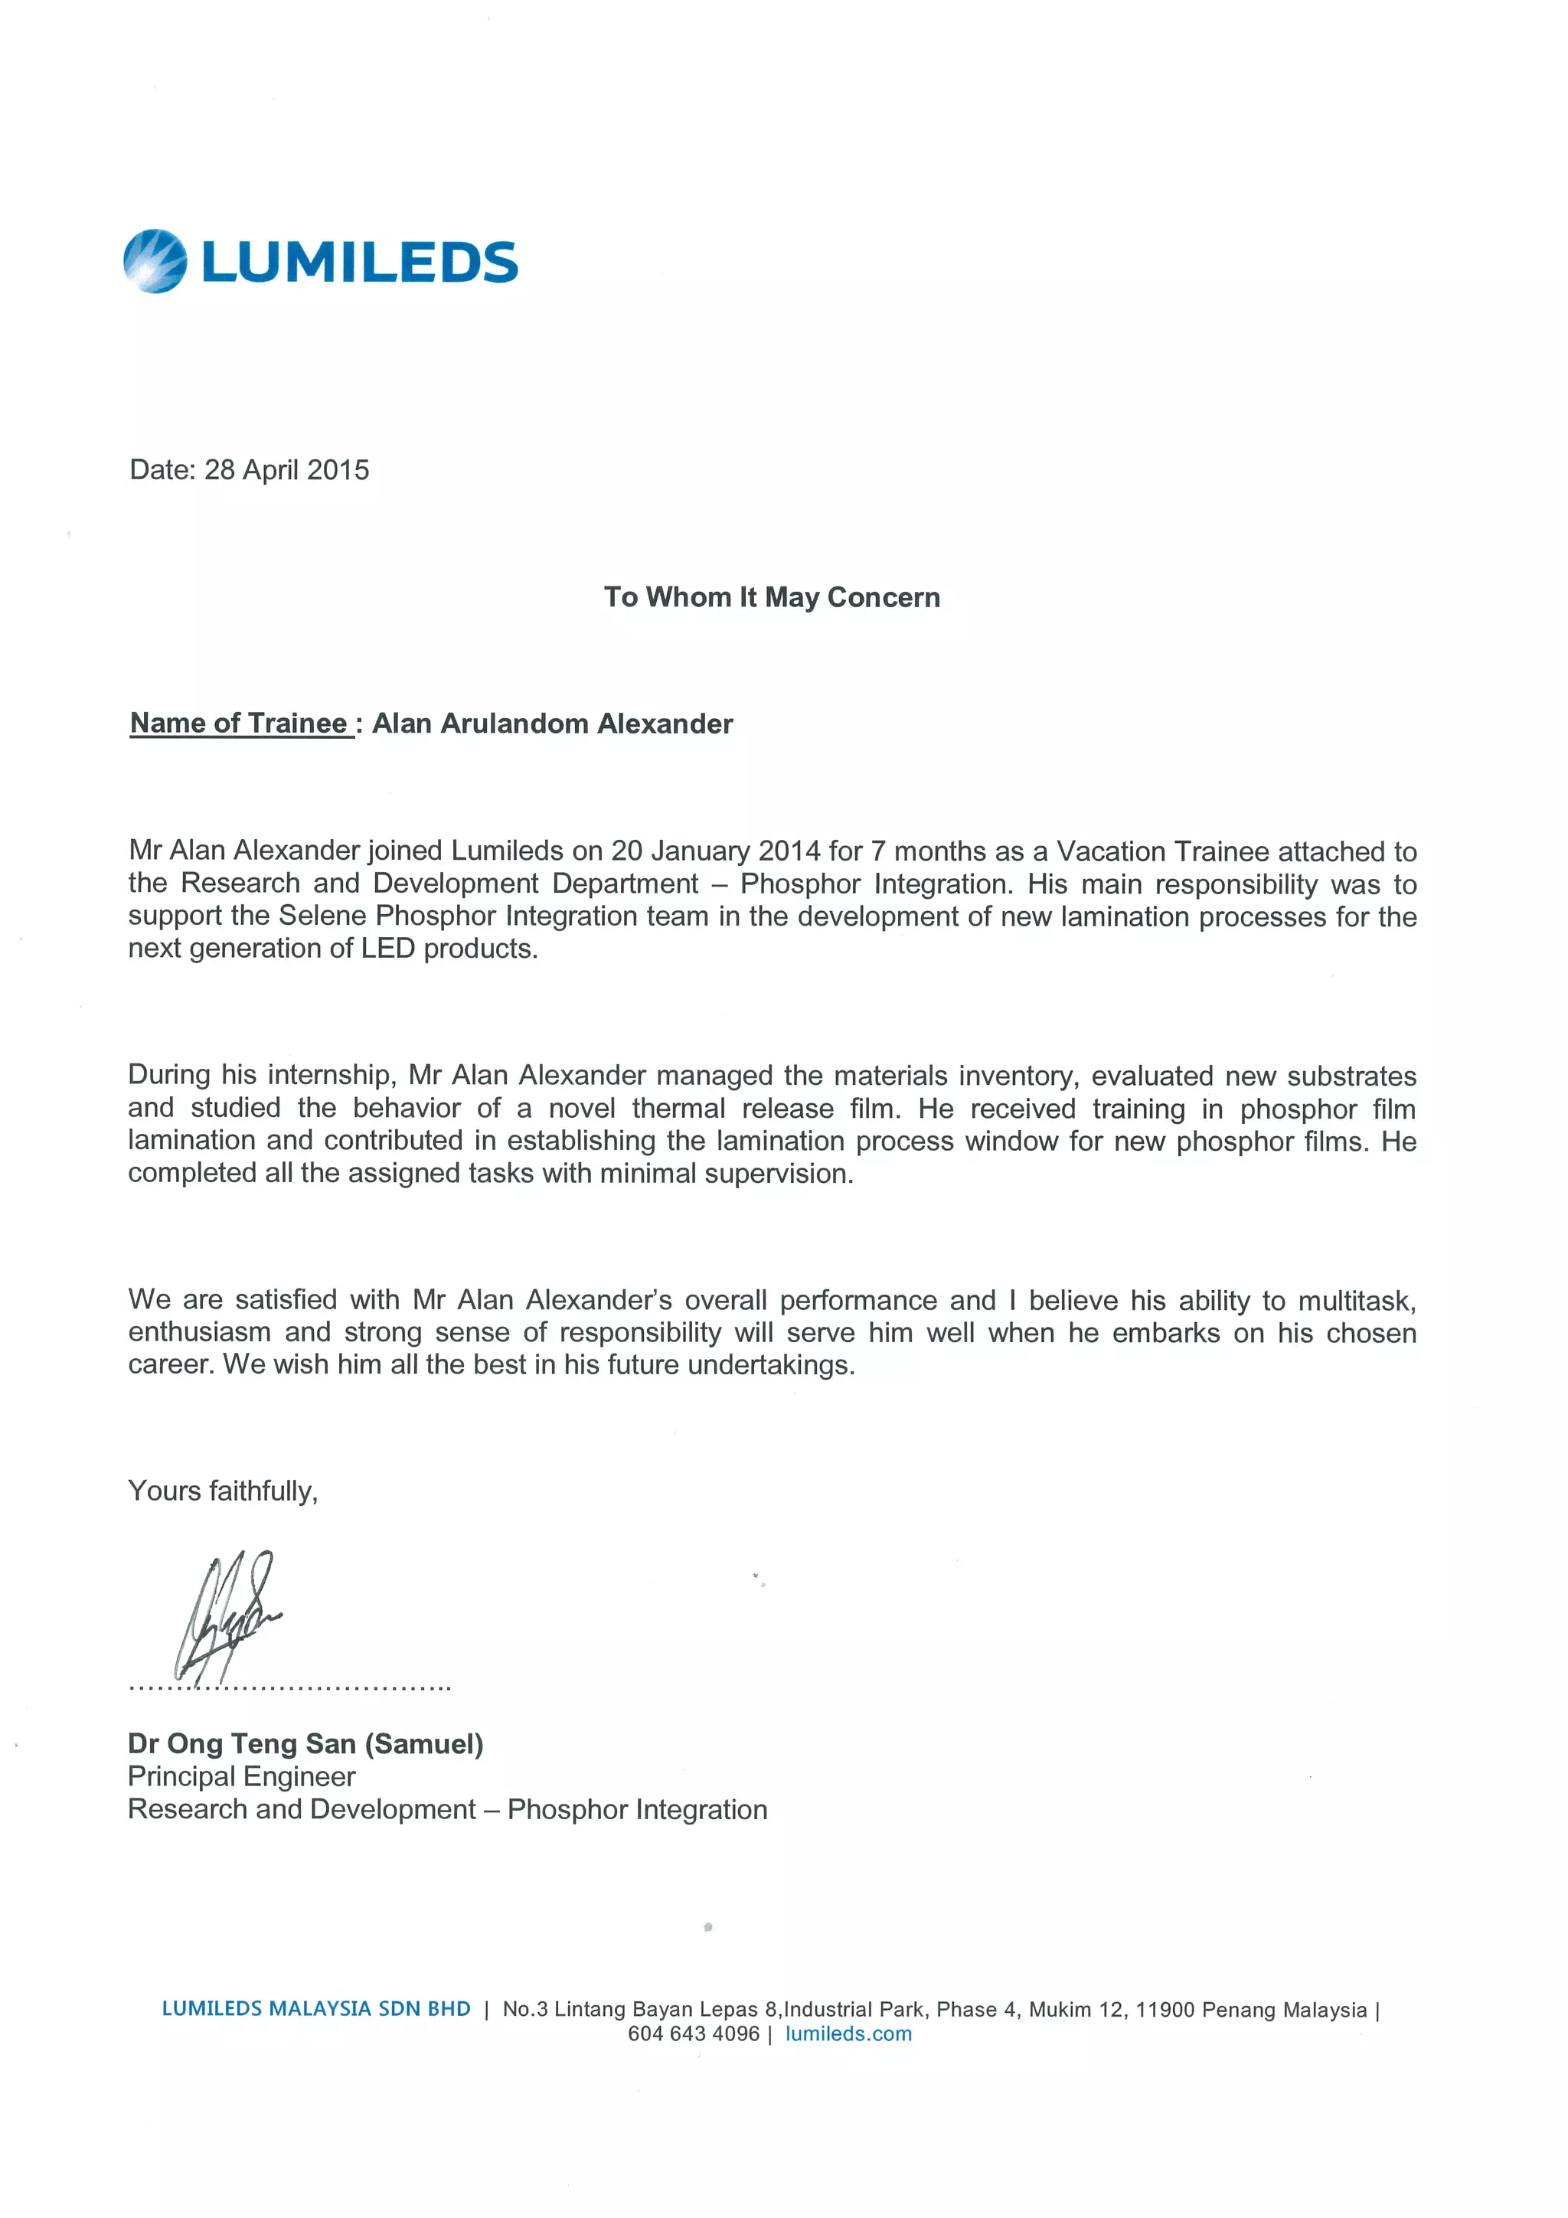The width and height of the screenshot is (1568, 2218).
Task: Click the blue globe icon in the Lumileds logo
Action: click(155, 261)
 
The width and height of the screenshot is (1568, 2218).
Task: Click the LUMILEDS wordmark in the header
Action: click(359, 263)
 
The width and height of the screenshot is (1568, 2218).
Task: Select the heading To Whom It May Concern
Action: click(771, 597)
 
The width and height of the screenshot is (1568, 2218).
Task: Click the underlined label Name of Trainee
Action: click(239, 724)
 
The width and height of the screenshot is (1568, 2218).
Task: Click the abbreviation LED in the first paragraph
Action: click(387, 949)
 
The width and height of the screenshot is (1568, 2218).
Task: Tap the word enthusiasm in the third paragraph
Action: click(199, 1333)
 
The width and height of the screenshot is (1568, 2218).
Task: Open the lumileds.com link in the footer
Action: click(848, 2033)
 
